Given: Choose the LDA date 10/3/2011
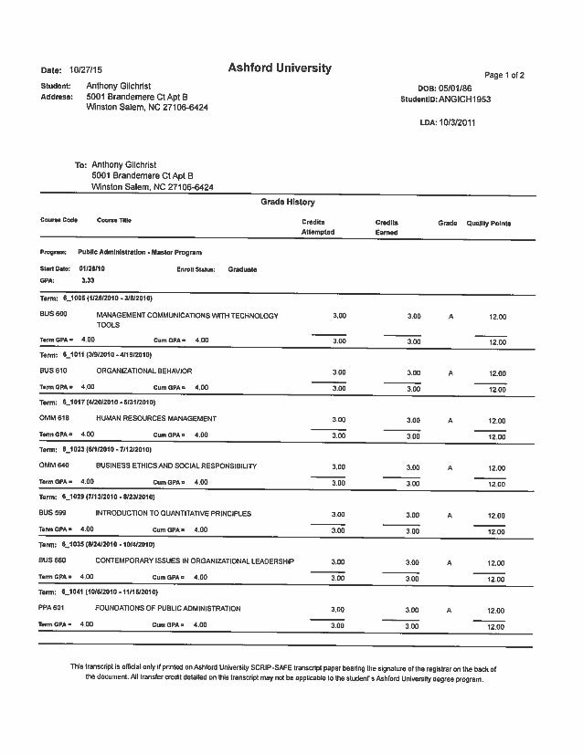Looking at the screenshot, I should pyautogui.click(x=458, y=121).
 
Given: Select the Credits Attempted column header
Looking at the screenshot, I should pyautogui.click(x=318, y=227).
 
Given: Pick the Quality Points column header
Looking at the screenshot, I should pyautogui.click(x=489, y=223).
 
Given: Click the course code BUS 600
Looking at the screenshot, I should pyautogui.click(x=54, y=315).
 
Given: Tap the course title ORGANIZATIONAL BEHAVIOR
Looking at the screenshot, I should pyautogui.click(x=144, y=372).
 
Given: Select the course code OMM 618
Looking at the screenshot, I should pyautogui.click(x=54, y=418).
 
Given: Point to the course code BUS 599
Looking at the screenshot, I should pyautogui.click(x=54, y=513).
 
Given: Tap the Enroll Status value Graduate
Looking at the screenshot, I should pyautogui.click(x=243, y=269).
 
